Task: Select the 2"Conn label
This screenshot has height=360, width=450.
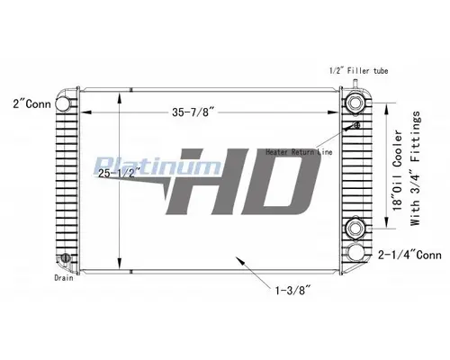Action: coord(27,103)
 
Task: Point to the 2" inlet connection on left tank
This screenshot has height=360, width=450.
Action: coord(66,102)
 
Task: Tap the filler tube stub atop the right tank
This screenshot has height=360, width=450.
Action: coord(357,84)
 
